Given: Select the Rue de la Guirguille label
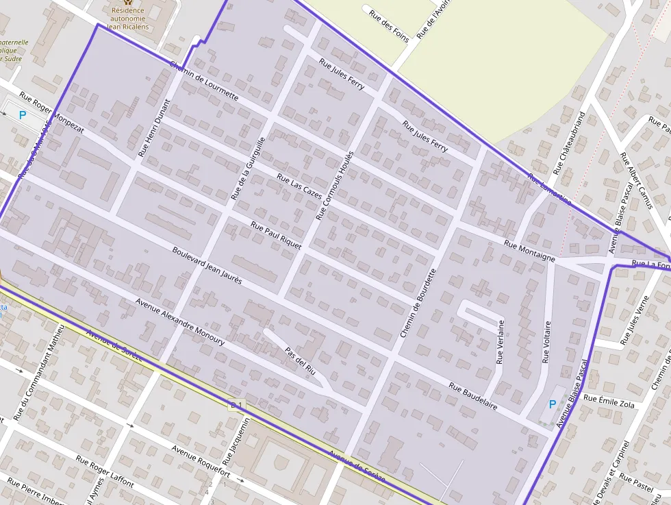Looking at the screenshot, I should tap(247, 168).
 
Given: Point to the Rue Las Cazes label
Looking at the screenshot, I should tap(299, 187).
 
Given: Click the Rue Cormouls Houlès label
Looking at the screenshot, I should tap(335, 185).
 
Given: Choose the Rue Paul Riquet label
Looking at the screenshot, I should tap(276, 236).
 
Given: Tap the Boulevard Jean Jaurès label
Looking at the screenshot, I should tap(207, 266).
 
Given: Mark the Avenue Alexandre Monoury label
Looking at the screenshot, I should tap(179, 321).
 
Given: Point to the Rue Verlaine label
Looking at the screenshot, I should tap(501, 341).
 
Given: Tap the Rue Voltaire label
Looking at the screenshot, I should tap(546, 341).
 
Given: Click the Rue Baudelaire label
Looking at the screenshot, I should tap(473, 396).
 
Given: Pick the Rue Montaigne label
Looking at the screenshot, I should tap(529, 251).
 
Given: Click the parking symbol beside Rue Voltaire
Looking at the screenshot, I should tap(552, 405).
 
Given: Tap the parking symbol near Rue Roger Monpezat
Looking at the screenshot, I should tap(23, 115).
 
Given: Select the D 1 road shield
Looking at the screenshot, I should tap(236, 406).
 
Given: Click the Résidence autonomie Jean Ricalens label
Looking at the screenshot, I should tap(127, 18).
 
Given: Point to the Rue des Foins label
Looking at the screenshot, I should tap(388, 26).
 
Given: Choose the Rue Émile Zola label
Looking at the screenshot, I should tap(609, 402).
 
